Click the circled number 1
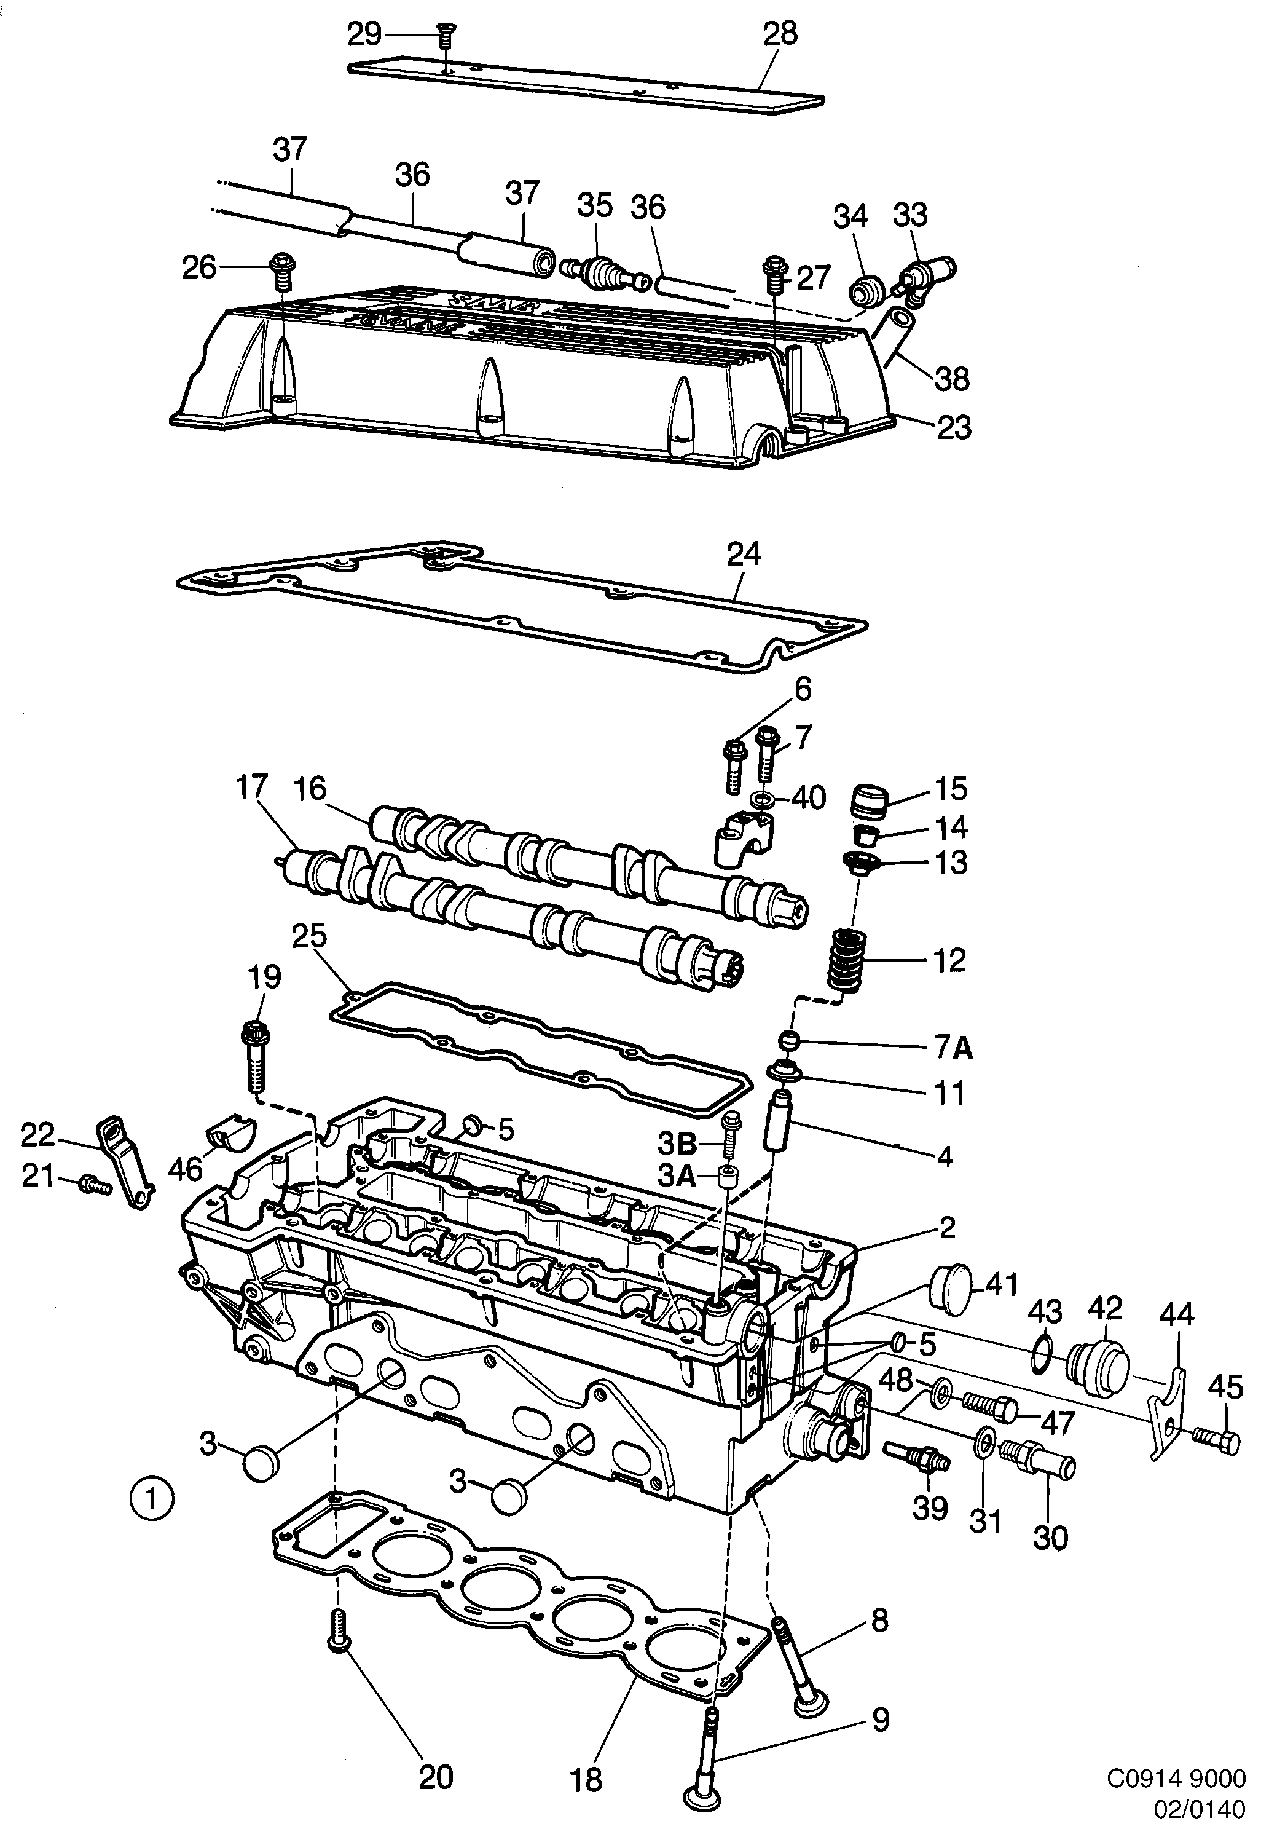point(149,1497)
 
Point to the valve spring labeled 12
point(844,961)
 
